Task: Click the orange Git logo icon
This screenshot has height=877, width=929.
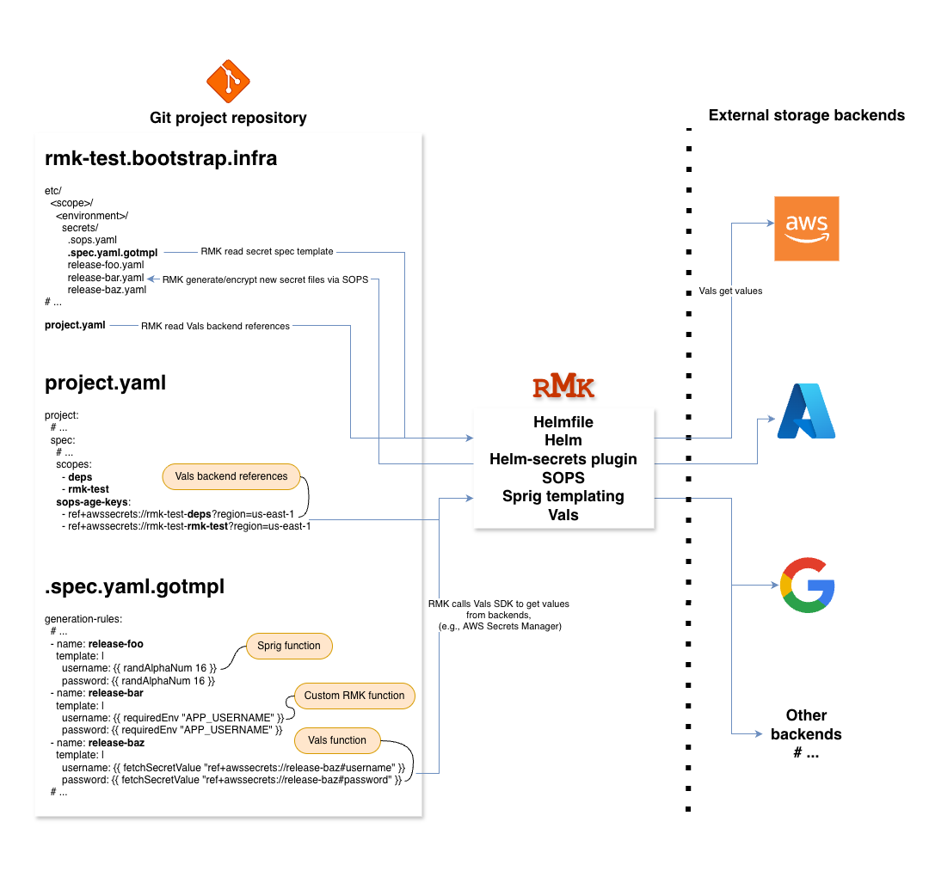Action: tap(228, 82)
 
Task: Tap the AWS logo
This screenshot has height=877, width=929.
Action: tap(806, 229)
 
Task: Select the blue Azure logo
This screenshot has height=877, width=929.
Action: tap(806, 411)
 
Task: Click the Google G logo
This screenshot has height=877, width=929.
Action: tap(807, 585)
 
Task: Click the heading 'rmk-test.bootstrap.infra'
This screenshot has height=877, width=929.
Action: tap(161, 158)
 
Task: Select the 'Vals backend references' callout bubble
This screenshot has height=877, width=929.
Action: tap(231, 476)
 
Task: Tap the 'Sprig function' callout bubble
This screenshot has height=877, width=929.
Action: tap(289, 646)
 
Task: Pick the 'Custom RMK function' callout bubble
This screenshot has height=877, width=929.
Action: tap(354, 696)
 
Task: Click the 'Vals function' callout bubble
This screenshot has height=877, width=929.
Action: tap(335, 740)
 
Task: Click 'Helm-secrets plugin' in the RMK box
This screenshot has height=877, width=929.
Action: tap(563, 459)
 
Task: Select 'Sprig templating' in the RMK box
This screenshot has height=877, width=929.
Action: tap(563, 496)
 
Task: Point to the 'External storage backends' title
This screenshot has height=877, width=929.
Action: tap(806, 115)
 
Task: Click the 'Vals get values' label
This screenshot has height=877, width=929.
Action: tap(730, 291)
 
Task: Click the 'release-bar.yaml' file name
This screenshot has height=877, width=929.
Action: tap(106, 278)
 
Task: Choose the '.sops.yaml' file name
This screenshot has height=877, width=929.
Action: tap(92, 240)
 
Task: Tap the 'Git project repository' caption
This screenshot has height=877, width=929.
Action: tap(228, 118)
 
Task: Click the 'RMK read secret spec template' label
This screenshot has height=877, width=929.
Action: tap(267, 252)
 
